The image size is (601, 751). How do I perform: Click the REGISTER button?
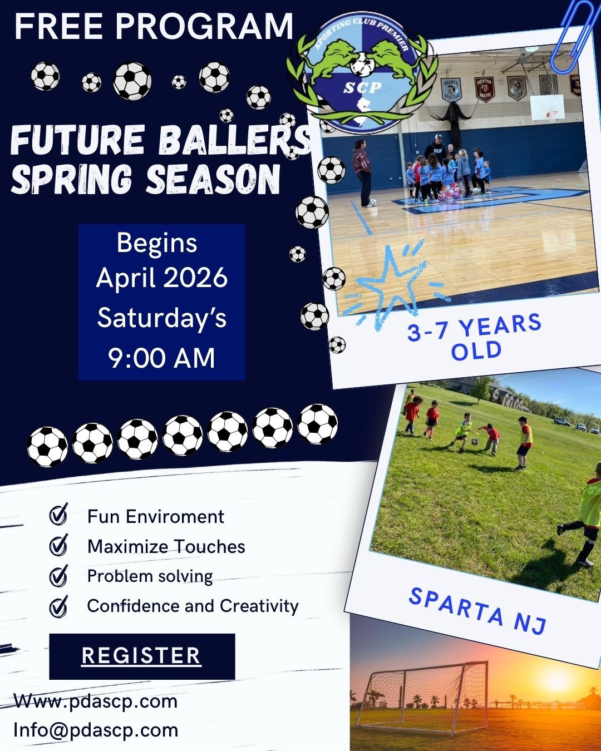[142, 656]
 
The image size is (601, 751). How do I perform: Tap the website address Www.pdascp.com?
[96, 701]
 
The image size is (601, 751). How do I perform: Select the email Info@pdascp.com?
[96, 730]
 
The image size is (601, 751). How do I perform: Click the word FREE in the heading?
[58, 26]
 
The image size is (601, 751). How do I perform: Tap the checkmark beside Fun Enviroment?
[58, 514]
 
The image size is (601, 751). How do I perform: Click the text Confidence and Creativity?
[193, 606]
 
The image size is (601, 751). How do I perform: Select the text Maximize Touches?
[166, 546]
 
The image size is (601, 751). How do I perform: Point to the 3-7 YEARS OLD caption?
[475, 337]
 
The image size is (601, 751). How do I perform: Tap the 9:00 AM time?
[161, 358]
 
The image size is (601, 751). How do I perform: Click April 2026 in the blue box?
[162, 278]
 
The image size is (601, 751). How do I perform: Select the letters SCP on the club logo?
[362, 87]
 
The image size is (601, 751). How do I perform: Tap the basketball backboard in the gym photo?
[547, 107]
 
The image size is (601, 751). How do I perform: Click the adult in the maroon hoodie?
[362, 173]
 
